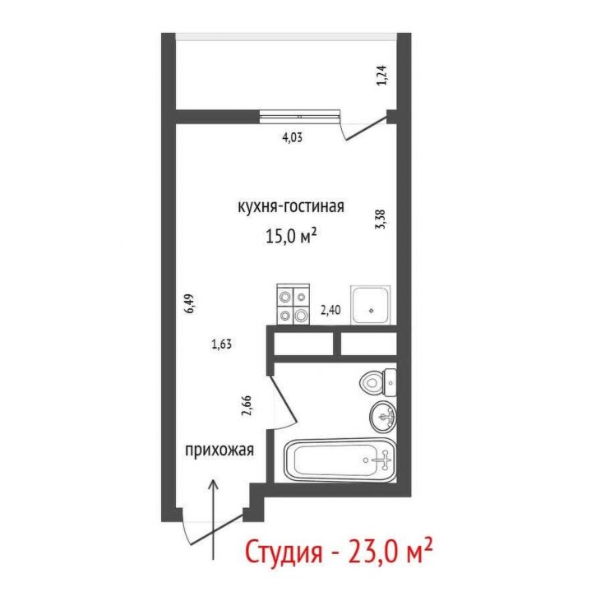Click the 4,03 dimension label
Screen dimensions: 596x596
293,138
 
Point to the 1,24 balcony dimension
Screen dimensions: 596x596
381,76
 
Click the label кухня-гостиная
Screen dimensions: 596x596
290,206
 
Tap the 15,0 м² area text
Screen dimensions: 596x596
290,237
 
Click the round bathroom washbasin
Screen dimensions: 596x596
382,417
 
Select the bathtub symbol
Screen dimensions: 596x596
340,460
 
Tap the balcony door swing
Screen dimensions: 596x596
364,127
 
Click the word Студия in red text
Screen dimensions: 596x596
284,553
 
